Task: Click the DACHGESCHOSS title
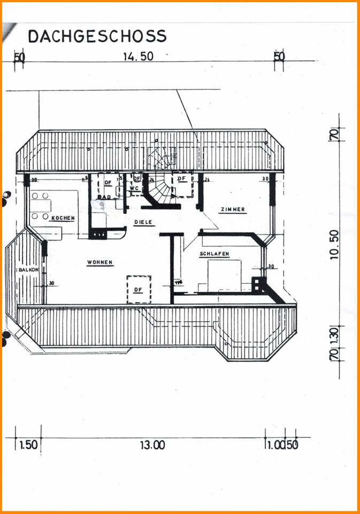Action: pos(97,36)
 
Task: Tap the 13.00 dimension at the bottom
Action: pos(152,445)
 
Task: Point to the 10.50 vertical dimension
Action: pos(335,244)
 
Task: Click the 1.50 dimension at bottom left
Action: pos(28,445)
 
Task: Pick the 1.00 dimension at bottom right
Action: pos(274,445)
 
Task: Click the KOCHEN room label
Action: pos(63,218)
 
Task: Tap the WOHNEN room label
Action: pos(99,262)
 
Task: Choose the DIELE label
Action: pos(143,221)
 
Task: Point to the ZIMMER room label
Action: pos(232,209)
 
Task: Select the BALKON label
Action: pos(28,270)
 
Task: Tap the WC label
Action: pos(135,188)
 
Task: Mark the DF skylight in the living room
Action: pos(139,289)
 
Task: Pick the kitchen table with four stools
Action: pos(41,206)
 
